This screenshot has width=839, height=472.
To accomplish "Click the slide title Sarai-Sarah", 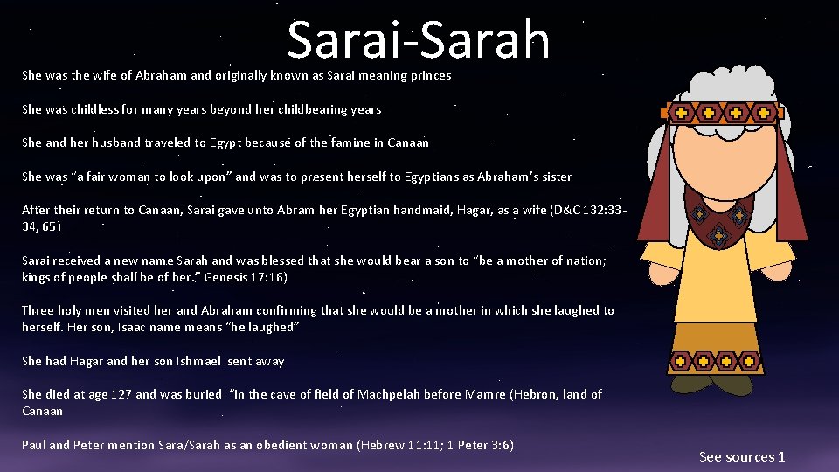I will (x=419, y=40).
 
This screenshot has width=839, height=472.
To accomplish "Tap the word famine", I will (x=351, y=142).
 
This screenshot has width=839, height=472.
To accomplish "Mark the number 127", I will (x=120, y=394).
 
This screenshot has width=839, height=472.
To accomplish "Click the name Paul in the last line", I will (x=33, y=445).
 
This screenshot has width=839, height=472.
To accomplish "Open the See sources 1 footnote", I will (x=742, y=456).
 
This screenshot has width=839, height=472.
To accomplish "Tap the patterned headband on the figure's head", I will (x=721, y=113).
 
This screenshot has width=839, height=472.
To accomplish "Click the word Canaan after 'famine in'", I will (x=407, y=142).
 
